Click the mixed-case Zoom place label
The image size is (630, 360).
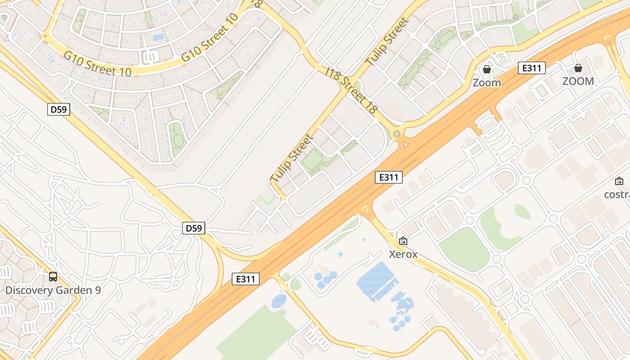(486, 83)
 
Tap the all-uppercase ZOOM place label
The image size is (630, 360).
(578, 81)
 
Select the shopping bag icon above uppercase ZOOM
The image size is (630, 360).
(578, 68)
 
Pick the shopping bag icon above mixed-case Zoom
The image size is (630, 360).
(486, 69)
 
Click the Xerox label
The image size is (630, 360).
(403, 254)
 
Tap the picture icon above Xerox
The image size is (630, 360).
(403, 241)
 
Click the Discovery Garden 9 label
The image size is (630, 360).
(53, 290)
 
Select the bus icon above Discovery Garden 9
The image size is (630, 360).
(53, 277)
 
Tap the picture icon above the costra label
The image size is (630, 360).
(619, 181)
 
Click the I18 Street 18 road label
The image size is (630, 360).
(351, 90)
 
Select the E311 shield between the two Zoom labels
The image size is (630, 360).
(531, 68)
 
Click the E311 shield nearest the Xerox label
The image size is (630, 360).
(389, 177)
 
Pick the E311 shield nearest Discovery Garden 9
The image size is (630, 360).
(246, 279)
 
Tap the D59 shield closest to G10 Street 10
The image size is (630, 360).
(59, 109)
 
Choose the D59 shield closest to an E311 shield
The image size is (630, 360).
(194, 228)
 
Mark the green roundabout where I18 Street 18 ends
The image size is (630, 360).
(396, 134)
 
